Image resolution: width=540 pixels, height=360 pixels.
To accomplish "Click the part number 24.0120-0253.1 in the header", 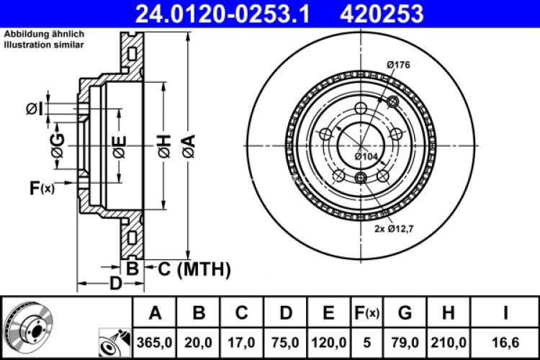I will [x=219, y=12].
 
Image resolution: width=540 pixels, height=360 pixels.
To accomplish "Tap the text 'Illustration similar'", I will [x=44, y=45].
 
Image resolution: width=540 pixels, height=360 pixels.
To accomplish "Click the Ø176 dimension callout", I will [x=398, y=66].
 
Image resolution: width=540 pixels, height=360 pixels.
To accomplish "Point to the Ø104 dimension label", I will [x=366, y=156].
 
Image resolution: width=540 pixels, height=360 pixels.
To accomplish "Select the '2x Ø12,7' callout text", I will [x=395, y=229].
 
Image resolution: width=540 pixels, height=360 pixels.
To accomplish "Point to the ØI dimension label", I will [x=34, y=109].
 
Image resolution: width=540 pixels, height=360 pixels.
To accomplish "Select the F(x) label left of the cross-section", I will [x=42, y=189].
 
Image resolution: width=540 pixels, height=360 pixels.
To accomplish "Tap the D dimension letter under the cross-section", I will [x=114, y=283].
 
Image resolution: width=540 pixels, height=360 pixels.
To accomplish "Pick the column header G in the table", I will [x=405, y=313].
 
